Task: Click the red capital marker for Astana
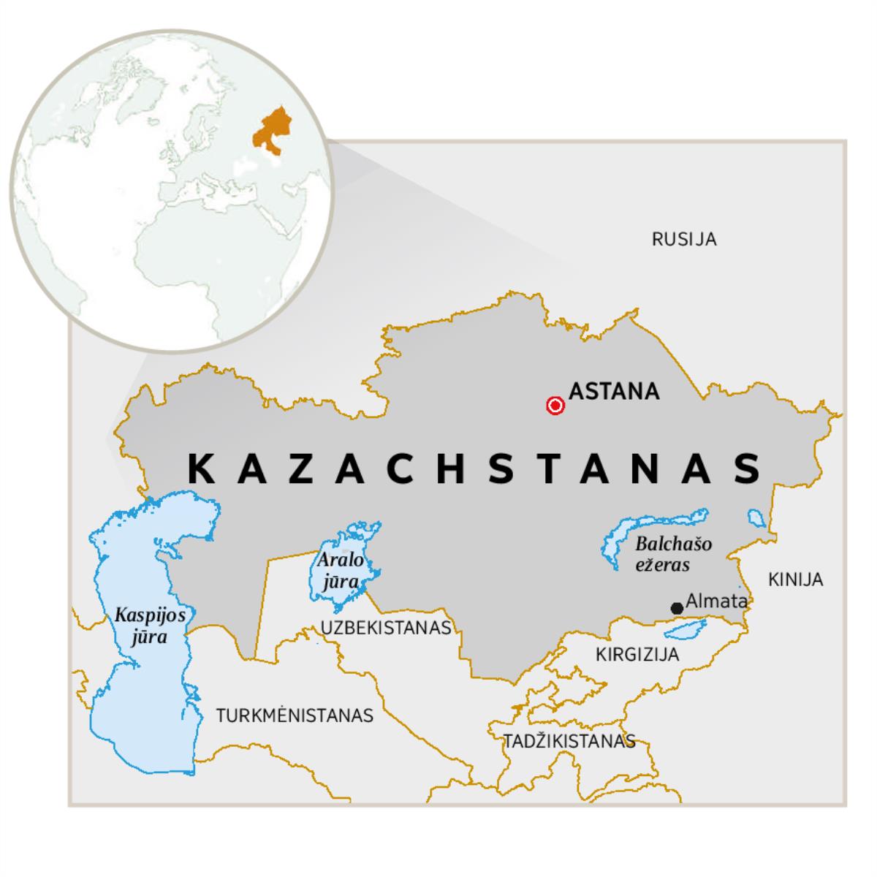555,406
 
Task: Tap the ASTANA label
614,392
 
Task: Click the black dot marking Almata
677,608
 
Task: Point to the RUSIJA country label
684,239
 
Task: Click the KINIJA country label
795,580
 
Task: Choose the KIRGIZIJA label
637,654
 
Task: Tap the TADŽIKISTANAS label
569,741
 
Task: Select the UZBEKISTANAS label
386,627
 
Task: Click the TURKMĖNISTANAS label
295,715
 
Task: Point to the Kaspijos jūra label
150,626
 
